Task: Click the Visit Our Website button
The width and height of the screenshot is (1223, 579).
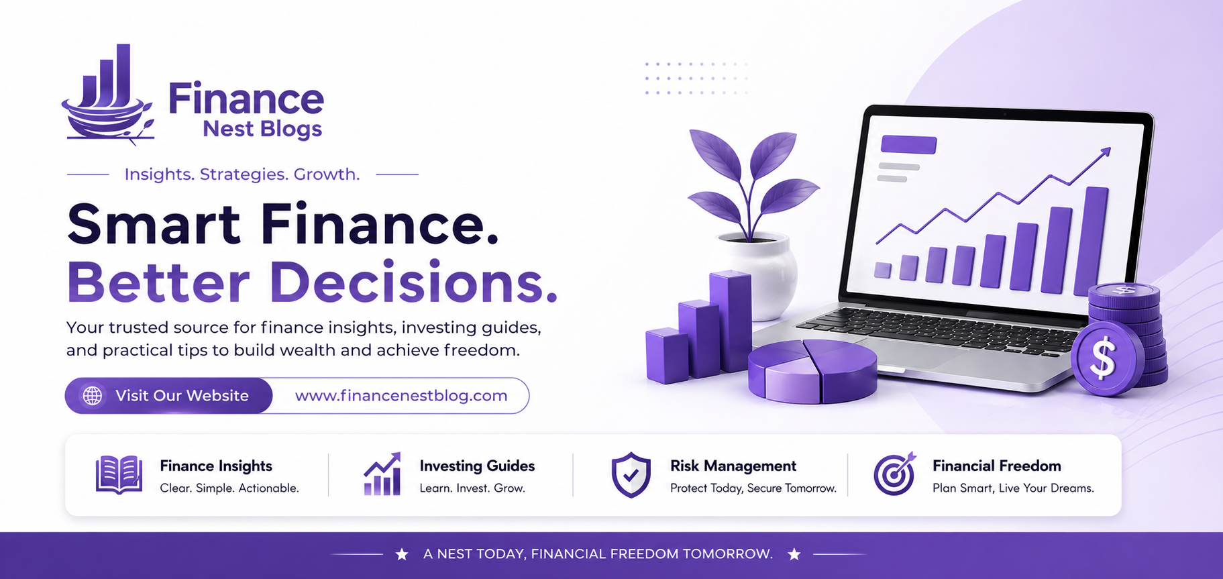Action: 169,396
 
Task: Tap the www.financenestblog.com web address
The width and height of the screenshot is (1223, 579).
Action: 401,396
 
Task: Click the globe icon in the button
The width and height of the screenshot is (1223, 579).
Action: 93,396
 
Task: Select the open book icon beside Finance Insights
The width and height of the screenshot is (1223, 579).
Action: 119,475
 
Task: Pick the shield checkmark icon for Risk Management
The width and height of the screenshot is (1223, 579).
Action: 631,475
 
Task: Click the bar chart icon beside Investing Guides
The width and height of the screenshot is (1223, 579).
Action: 382,474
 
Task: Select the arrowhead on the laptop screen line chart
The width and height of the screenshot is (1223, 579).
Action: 1106,152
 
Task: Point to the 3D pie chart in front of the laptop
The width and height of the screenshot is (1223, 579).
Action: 812,370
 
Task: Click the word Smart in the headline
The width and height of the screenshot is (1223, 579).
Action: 154,224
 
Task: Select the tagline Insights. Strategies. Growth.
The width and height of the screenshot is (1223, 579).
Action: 242,174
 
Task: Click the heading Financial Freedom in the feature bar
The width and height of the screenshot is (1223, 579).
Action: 997,466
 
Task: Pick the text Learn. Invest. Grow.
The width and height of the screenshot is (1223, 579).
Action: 472,488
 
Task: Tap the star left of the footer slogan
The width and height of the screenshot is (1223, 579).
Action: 402,554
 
